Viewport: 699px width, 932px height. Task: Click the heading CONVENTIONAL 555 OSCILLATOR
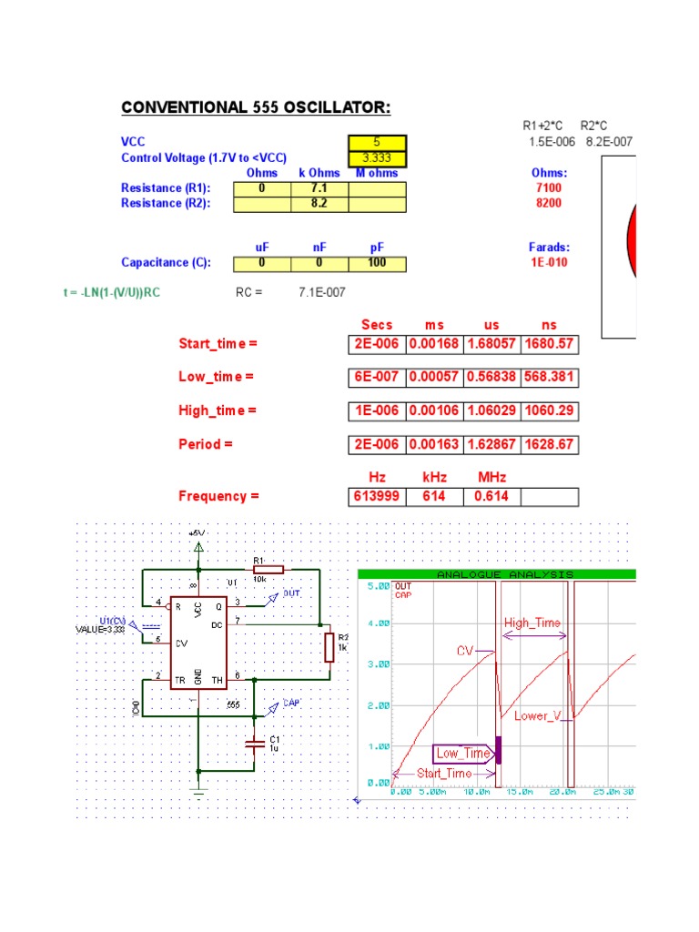coord(256,108)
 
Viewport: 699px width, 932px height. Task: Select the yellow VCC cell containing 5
coord(377,143)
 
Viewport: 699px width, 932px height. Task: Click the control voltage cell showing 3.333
coord(377,158)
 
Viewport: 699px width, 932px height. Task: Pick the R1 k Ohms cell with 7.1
coord(319,187)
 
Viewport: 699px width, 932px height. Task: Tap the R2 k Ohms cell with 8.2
coord(319,203)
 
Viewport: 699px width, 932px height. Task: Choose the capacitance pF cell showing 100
coord(377,263)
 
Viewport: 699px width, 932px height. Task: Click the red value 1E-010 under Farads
coord(549,263)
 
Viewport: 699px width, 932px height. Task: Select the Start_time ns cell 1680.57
coord(549,344)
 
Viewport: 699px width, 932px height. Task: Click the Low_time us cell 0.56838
coord(491,377)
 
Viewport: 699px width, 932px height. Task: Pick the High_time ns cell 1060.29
coord(549,410)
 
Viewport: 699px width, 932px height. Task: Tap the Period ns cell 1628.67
coord(549,444)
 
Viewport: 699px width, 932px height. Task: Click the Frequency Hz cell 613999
coord(377,496)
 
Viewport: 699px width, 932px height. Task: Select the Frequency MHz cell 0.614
coord(491,496)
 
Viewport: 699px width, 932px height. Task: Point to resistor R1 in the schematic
coord(269,570)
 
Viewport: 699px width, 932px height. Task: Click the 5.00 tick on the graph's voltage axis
coord(377,587)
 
